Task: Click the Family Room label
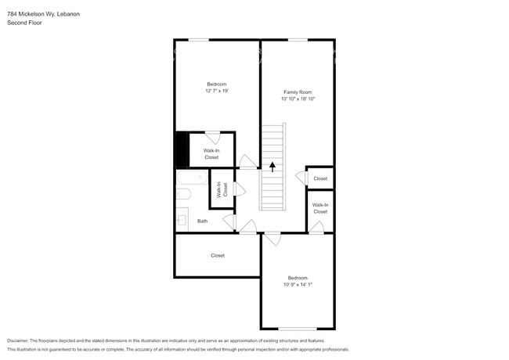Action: (298, 92)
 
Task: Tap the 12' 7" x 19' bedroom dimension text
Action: (217, 91)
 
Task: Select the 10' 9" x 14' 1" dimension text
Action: (298, 284)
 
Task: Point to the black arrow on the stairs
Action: (273, 167)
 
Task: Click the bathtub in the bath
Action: (192, 178)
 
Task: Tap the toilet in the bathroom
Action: (183, 194)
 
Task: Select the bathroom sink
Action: (182, 221)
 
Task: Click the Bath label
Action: (202, 221)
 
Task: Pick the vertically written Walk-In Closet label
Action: (222, 189)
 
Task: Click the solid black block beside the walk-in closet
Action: (182, 149)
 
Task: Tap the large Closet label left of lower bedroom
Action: (218, 256)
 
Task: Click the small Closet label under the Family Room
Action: (320, 178)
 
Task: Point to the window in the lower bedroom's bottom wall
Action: (298, 329)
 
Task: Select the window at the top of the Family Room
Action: (298, 40)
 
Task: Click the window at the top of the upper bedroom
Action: (199, 40)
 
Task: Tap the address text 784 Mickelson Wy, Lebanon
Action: (44, 14)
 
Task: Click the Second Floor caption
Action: (24, 23)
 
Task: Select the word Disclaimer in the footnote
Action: (18, 341)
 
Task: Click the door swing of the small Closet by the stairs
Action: (300, 178)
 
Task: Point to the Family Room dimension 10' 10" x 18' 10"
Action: (298, 99)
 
